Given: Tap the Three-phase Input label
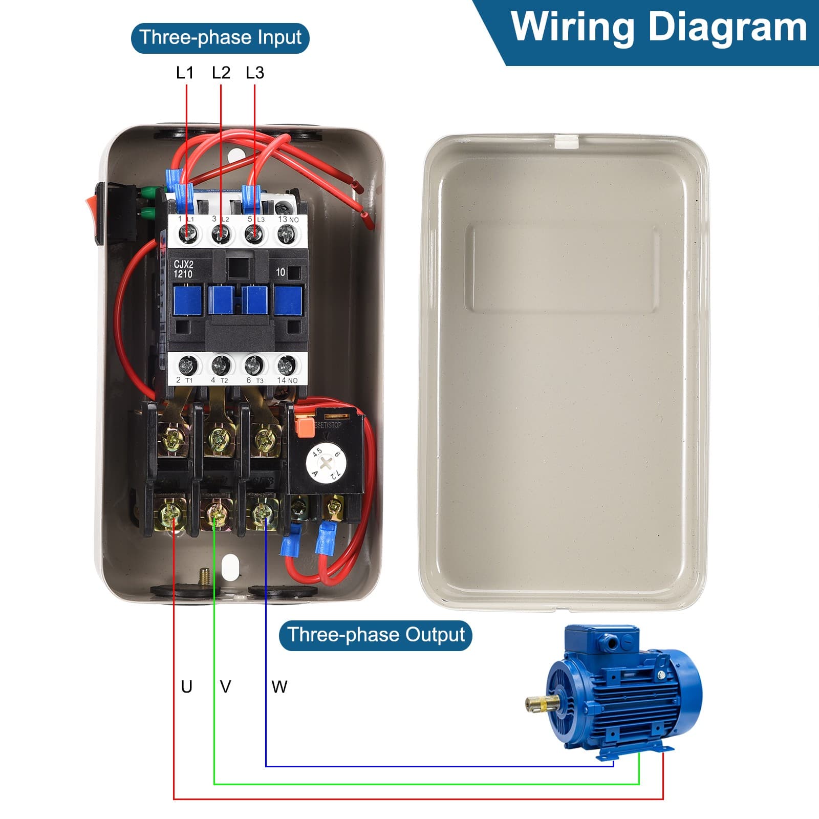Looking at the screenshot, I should click(220, 38).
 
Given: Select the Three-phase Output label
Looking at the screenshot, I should click(376, 635).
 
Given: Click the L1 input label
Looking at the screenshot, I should click(185, 73).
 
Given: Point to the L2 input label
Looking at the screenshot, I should click(221, 73).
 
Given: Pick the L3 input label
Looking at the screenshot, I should click(255, 73).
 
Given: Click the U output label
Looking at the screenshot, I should click(187, 686).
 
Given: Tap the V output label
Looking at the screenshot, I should click(225, 686).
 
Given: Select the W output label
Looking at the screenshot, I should click(279, 686).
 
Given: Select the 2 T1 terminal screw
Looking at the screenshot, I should click(187, 365).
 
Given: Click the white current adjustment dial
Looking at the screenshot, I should click(324, 463).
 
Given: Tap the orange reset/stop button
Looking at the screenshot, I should click(304, 427).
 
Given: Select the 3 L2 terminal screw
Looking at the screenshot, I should click(221, 235).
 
